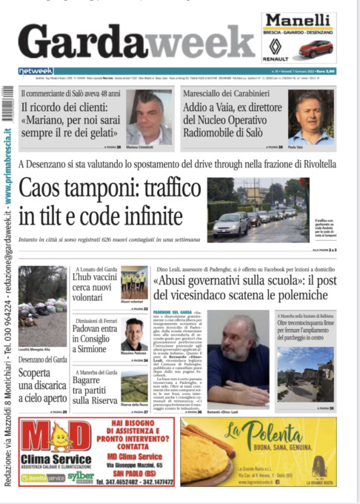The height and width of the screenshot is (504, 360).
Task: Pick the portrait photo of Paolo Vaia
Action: point(310,116)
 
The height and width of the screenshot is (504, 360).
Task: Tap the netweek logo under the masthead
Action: point(35,72)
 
